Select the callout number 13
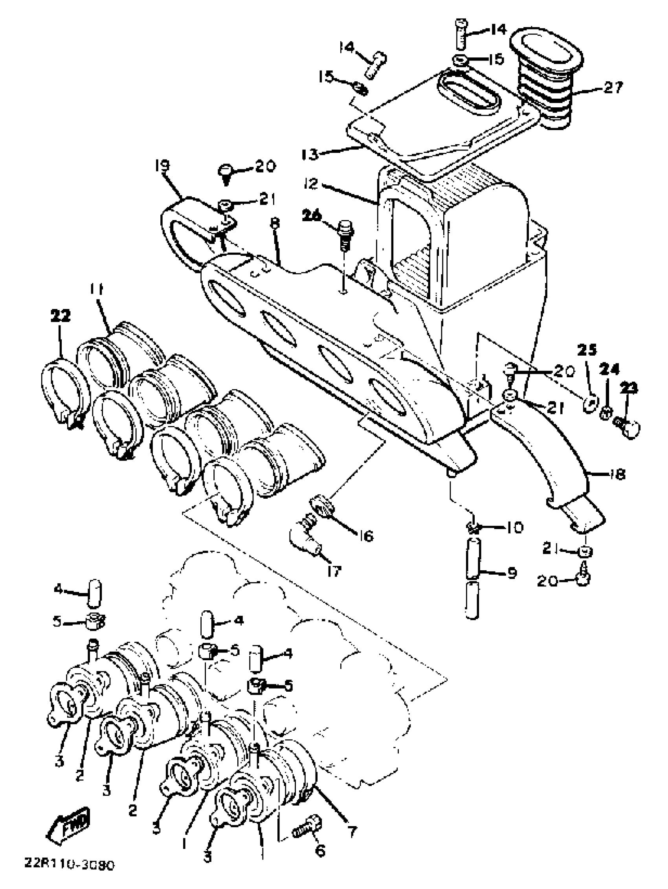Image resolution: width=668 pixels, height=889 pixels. coord(310,154)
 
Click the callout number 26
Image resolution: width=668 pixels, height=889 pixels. coord(312,216)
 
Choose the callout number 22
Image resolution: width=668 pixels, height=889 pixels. coord(60,316)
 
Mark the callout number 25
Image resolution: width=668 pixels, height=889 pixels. coord(587,351)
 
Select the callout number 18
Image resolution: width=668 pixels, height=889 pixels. coord(617,475)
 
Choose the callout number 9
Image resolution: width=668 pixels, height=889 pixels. coord(511,573)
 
